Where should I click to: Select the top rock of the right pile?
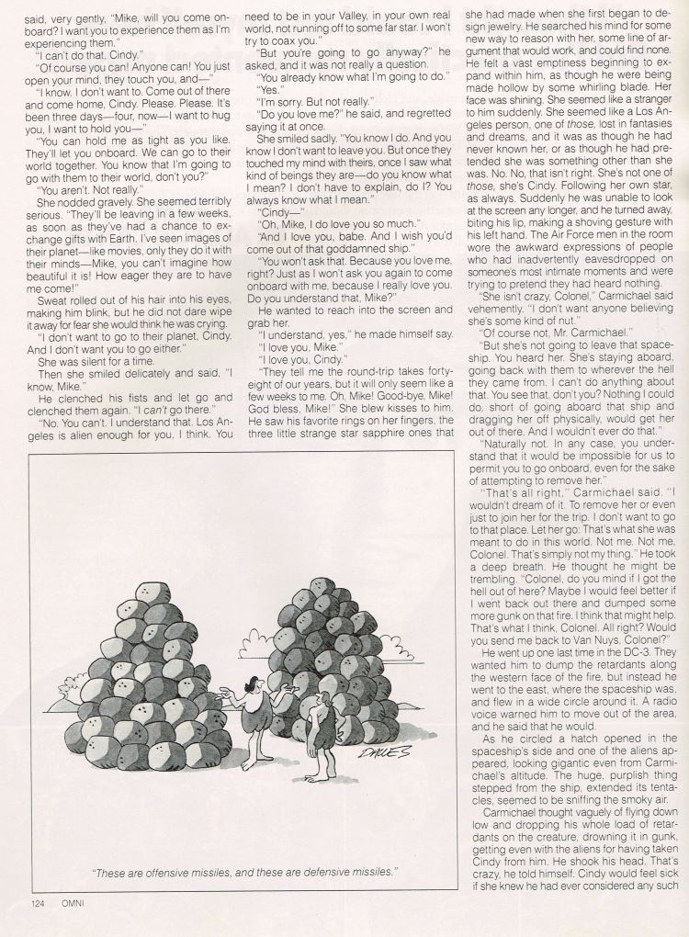pyautogui.click(x=320, y=586)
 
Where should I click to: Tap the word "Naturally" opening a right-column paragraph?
pyautogui.click(x=512, y=467)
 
